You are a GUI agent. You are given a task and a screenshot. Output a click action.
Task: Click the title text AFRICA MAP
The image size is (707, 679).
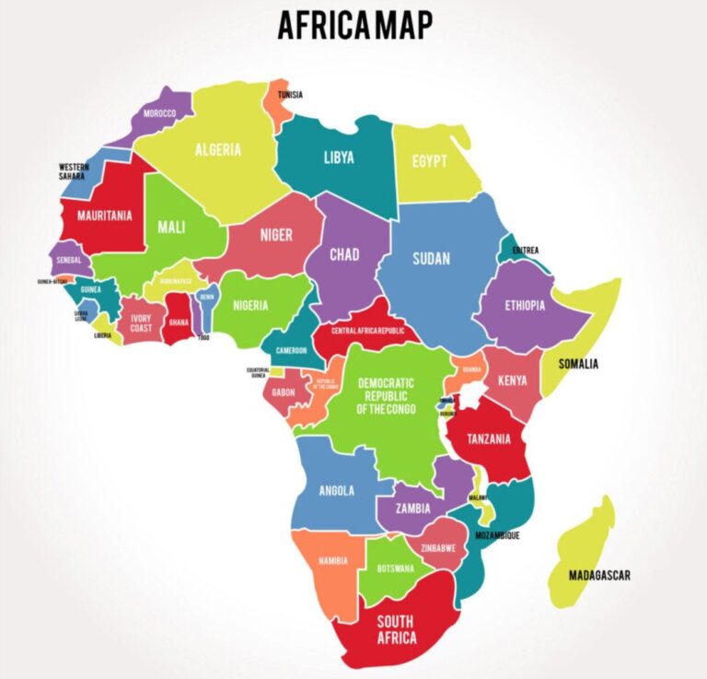(x=354, y=25)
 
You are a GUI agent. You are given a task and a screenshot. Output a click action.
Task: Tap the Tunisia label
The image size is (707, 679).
(x=290, y=95)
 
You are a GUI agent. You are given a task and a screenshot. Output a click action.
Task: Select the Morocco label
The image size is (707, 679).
(x=159, y=114)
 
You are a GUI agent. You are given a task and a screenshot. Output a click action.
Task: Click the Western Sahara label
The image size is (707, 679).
(x=75, y=171)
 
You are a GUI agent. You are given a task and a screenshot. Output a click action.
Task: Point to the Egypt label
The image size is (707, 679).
(x=430, y=161)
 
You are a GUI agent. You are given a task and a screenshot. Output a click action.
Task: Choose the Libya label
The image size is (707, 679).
(x=338, y=158)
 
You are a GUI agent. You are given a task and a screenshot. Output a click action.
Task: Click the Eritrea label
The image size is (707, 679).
(x=525, y=250)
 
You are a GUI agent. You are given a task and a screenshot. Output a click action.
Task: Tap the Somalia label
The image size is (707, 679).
(x=577, y=364)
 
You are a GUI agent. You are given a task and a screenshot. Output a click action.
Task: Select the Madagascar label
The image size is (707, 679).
(x=599, y=576)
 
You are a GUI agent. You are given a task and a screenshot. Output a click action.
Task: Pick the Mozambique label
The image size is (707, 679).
(x=497, y=535)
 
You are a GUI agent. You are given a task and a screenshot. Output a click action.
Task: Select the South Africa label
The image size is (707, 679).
(x=396, y=628)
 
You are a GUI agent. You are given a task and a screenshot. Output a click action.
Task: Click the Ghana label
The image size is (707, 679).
(x=179, y=323)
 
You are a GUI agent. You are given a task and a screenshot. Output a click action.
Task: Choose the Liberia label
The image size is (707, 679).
(x=103, y=335)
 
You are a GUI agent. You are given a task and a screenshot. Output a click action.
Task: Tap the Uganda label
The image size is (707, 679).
(x=471, y=369)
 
